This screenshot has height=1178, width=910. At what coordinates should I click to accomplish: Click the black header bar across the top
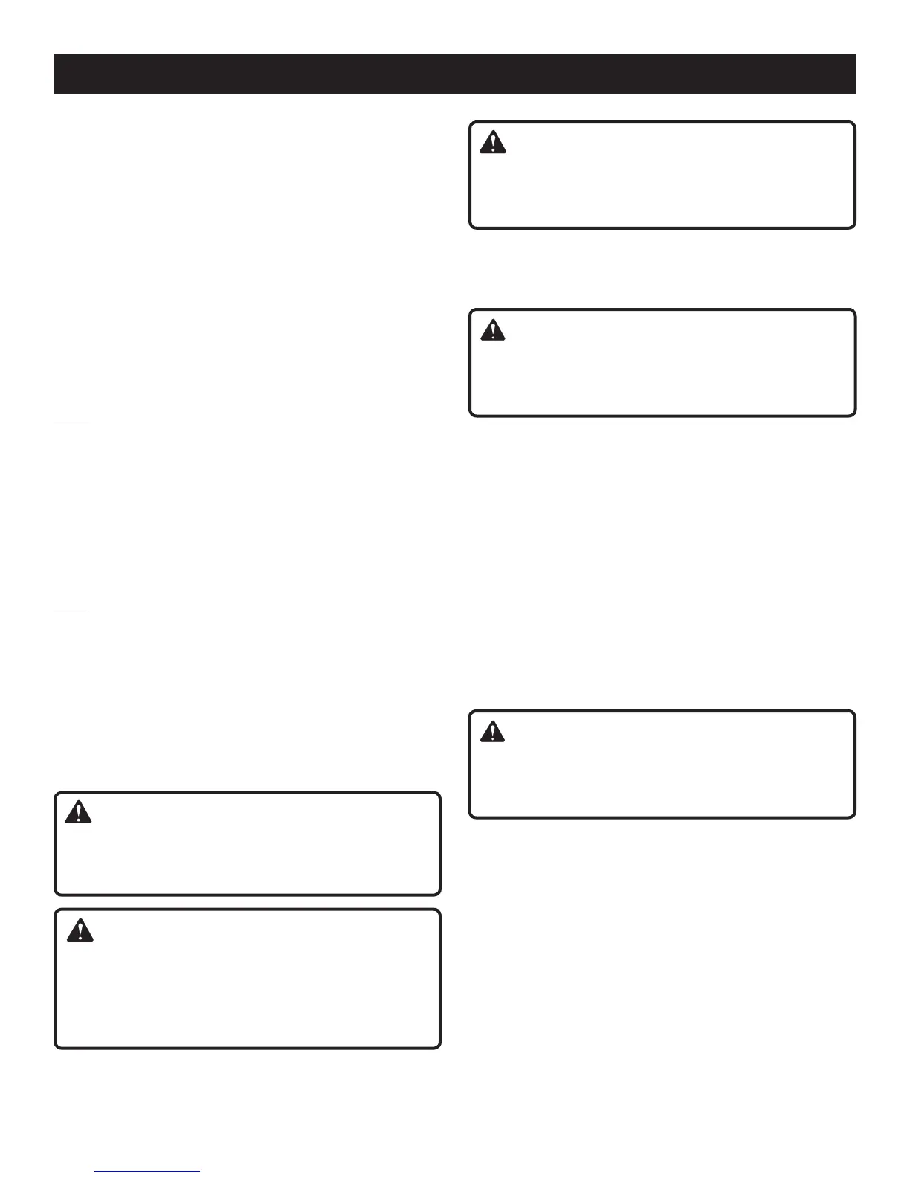coord(454,74)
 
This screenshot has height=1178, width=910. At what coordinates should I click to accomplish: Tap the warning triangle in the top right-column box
coord(492,143)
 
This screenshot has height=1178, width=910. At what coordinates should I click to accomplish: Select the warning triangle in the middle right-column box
coord(492,330)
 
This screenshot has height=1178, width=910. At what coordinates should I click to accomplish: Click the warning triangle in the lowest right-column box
coord(492,733)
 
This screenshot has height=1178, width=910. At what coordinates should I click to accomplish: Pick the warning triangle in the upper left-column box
coord(78,813)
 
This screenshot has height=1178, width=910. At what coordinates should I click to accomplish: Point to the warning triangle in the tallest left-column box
coord(80,930)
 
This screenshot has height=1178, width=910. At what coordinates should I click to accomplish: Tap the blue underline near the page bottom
coord(148,1172)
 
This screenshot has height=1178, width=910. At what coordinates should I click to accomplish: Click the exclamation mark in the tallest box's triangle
coord(80,932)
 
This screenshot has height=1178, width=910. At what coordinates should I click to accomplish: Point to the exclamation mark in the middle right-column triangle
coord(492,332)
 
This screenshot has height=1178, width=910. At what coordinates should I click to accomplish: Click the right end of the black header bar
coord(855,74)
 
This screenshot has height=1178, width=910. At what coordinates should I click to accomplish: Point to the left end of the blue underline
coord(96,1172)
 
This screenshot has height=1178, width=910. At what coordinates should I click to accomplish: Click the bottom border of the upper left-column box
coord(248,894)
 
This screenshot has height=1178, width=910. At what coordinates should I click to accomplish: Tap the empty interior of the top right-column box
coord(662,186)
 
